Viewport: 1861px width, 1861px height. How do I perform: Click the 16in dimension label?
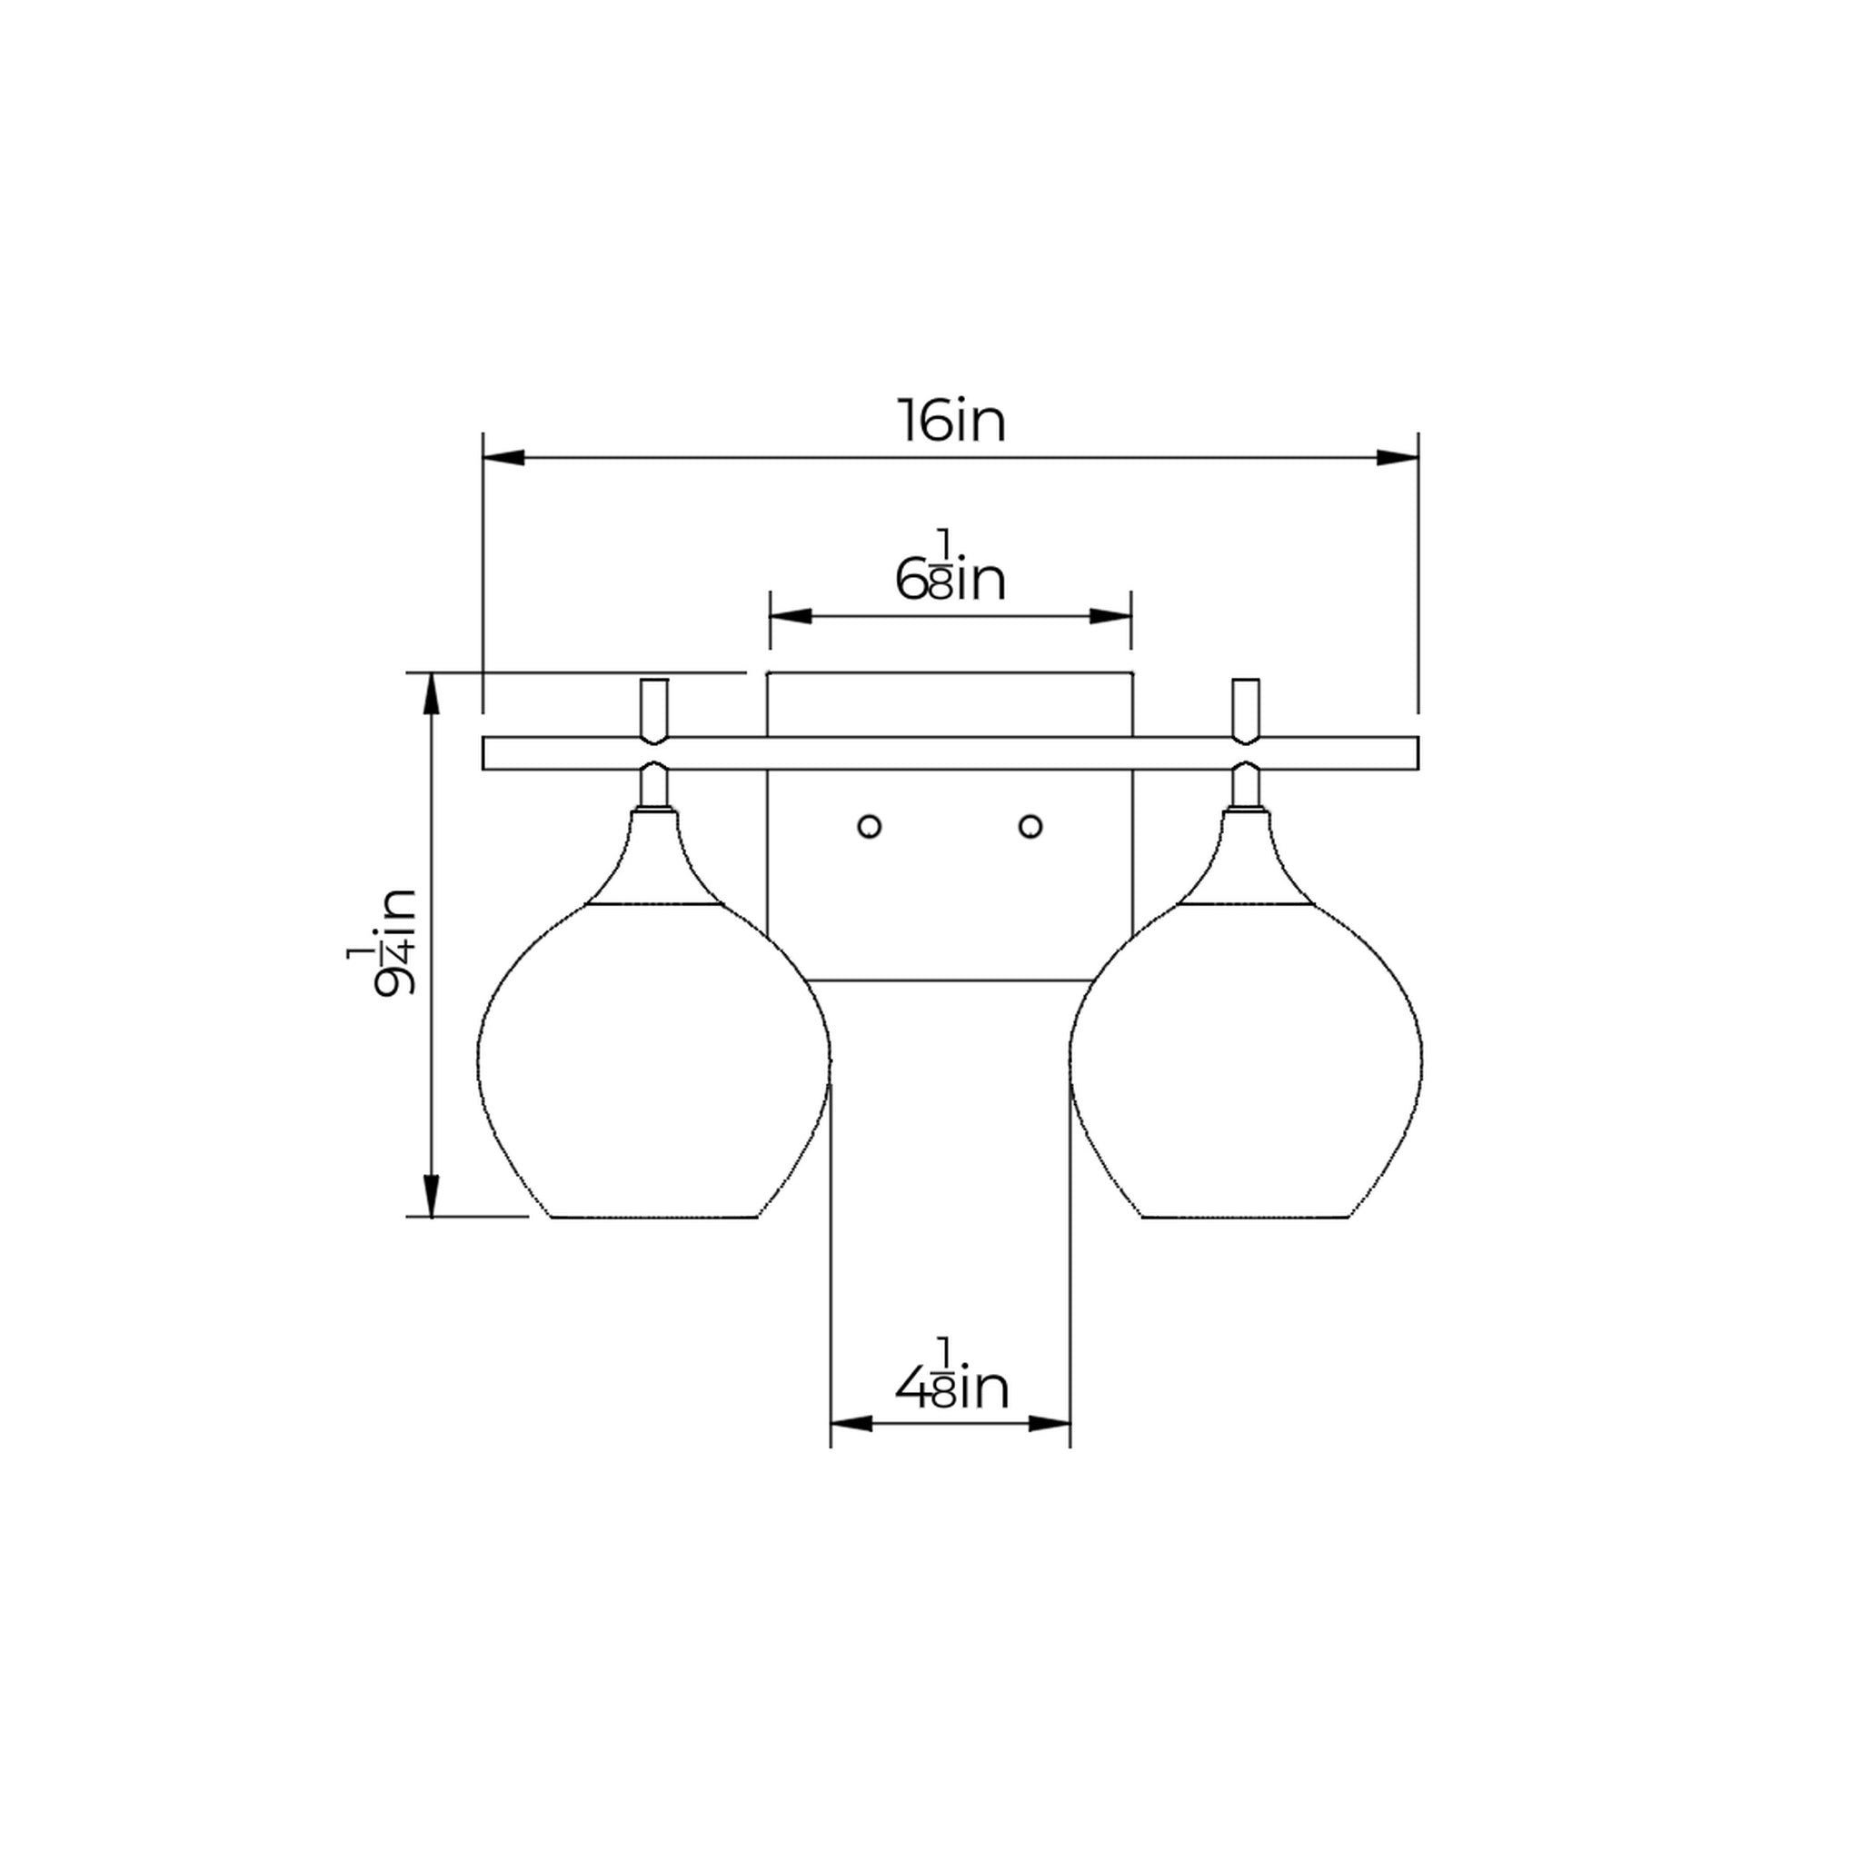[951, 421]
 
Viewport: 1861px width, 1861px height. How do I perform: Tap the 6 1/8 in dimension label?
[950, 567]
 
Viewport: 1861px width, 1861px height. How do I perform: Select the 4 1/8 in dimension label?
[951, 1378]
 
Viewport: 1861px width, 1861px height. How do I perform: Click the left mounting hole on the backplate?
[869, 827]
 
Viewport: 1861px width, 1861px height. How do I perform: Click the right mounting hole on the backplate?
[1030, 827]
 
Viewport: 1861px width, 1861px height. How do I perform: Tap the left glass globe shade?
[654, 1060]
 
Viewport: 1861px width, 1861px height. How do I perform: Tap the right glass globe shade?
[1247, 1060]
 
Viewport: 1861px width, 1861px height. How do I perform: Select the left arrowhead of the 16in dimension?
[503, 458]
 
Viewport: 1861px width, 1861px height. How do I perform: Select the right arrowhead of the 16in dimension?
[1398, 458]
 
